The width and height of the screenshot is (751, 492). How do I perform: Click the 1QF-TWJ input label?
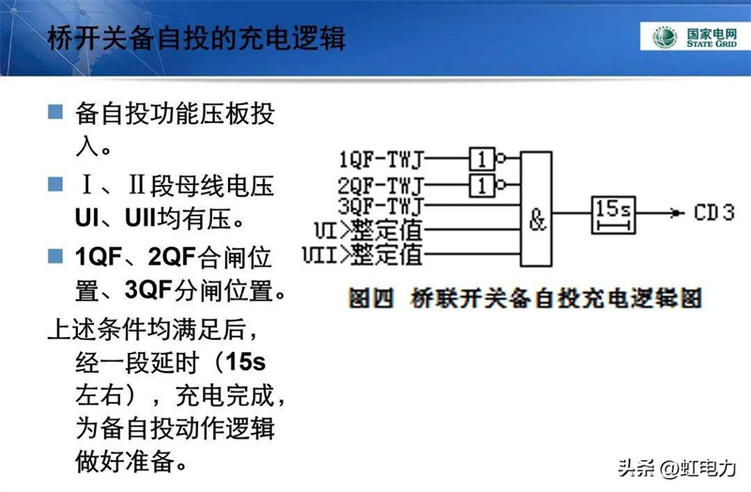[x=382, y=158]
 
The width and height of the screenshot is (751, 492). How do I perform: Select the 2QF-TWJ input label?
[x=382, y=183]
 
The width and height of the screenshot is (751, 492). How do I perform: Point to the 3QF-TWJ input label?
[x=382, y=205]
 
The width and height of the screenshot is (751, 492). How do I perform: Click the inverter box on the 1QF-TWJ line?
[x=483, y=157]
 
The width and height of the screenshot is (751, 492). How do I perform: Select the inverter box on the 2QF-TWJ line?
[x=483, y=182]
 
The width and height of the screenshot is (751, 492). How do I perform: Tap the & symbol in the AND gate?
[x=537, y=222]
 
